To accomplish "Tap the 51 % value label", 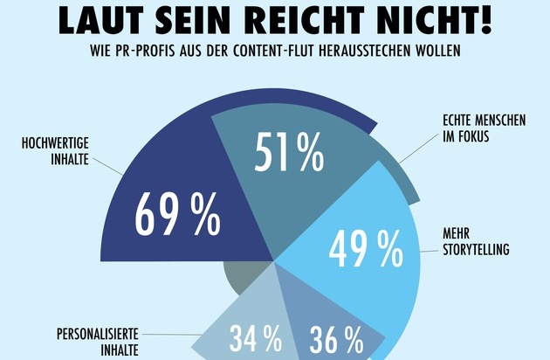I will [x=288, y=154].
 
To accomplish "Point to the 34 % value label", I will [x=255, y=339].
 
